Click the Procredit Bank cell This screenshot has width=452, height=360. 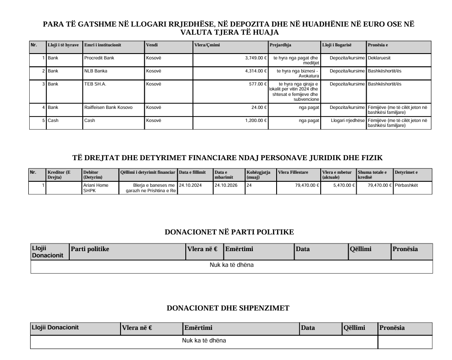click(x=99, y=58)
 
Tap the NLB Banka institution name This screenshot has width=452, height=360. click(x=95, y=71)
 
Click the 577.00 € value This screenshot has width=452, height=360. click(x=259, y=84)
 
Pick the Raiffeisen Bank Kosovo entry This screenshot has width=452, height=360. click(x=108, y=108)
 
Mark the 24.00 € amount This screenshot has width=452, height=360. click(x=260, y=108)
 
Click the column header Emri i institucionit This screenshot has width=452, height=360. click(x=103, y=45)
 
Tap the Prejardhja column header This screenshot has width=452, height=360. click(x=281, y=45)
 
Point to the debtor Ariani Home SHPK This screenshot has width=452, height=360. click(x=95, y=188)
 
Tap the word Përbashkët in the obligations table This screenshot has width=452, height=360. click(x=407, y=185)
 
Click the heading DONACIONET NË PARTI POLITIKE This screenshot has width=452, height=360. click(x=229, y=232)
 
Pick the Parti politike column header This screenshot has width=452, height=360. click(x=90, y=249)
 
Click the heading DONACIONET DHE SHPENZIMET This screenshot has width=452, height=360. click(x=228, y=308)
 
